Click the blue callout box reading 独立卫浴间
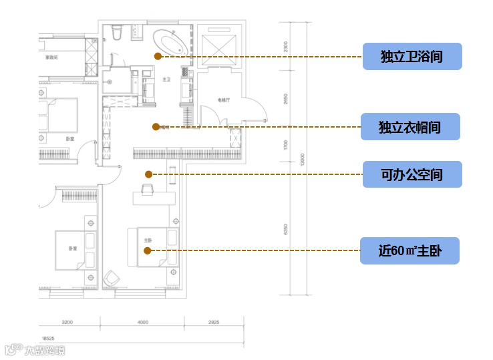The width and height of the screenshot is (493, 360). tap(412, 56)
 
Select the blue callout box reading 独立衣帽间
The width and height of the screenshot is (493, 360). tap(409, 127)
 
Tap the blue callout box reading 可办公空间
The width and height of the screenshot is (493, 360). tap(412, 174)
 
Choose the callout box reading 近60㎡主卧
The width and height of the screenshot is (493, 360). tap(409, 250)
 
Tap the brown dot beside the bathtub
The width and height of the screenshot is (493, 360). tap(158, 56)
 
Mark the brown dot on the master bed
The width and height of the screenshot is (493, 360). tap(148, 250)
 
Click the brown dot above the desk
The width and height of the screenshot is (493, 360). tap(148, 174)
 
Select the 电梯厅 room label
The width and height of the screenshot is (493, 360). tap(224, 100)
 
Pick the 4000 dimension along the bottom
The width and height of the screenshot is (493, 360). tap(142, 323)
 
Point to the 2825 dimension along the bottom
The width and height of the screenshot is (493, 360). tap(213, 323)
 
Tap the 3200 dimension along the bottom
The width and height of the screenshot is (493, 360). tap(67, 323)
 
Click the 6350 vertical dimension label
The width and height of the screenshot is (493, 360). tap(285, 229)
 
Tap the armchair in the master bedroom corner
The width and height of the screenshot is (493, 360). tap(113, 277)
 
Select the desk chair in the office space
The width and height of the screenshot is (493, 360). tap(148, 190)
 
